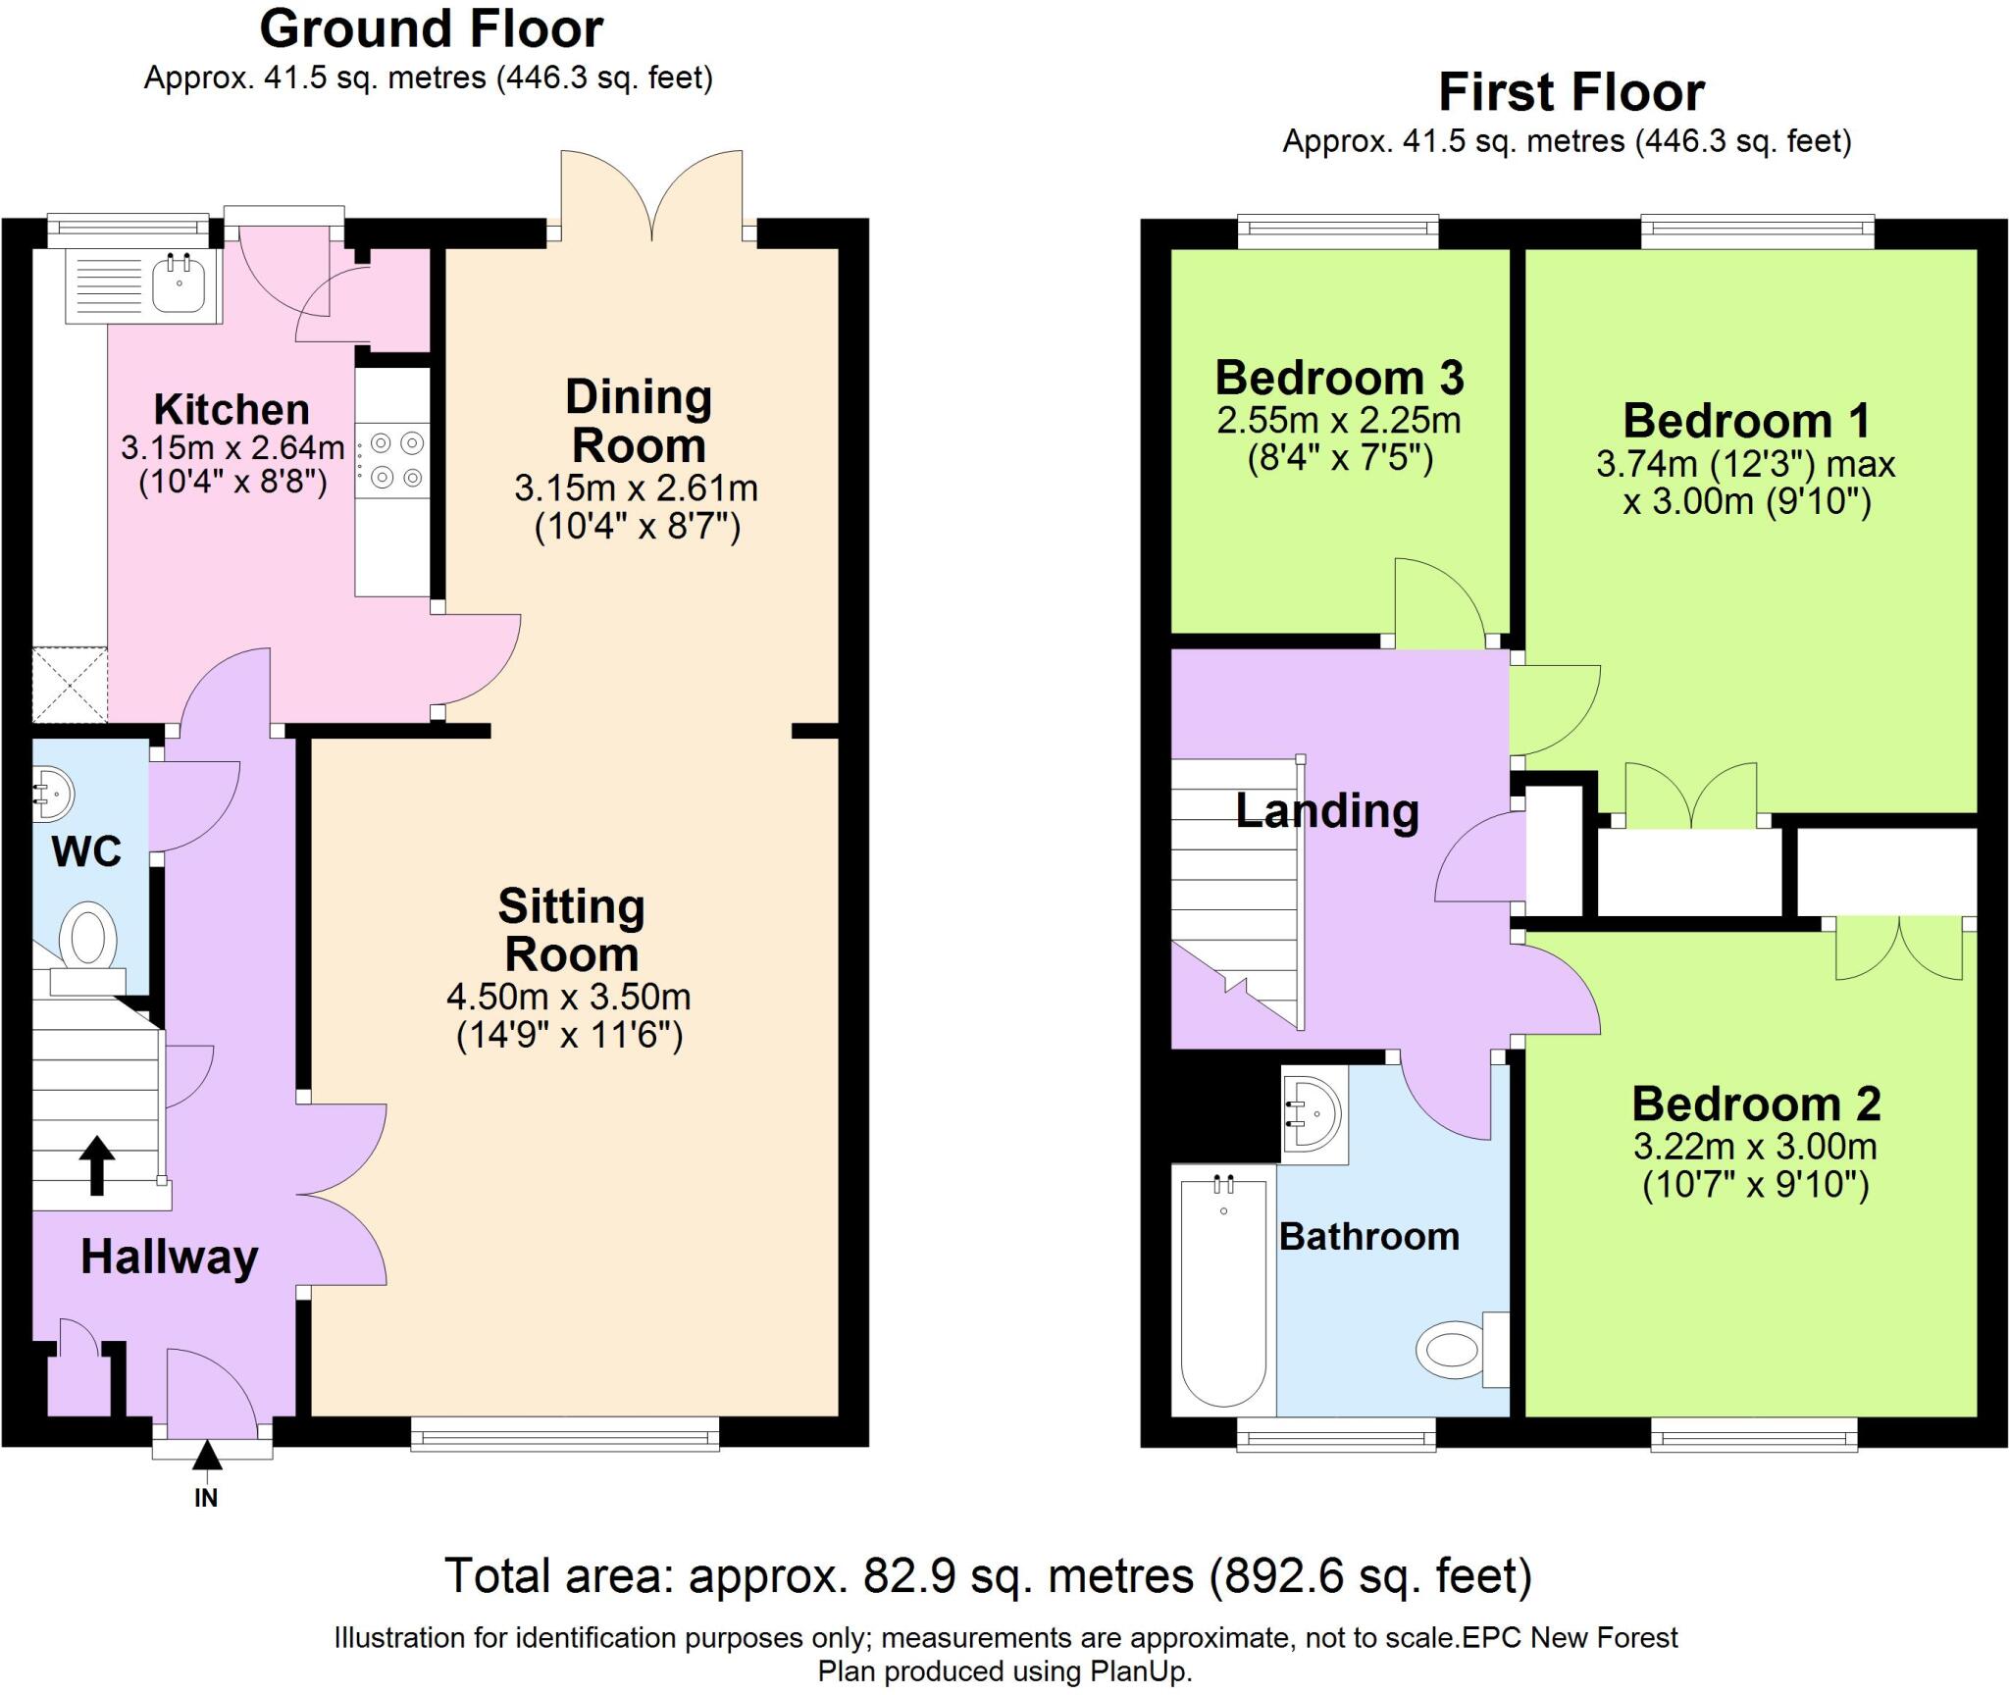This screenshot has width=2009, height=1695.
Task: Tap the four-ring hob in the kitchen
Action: (393, 459)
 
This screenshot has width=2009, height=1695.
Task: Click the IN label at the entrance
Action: (206, 1498)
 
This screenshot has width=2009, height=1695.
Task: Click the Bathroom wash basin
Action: (1314, 1115)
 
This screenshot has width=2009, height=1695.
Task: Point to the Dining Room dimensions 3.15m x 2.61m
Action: (637, 488)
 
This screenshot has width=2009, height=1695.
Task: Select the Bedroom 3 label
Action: (1339, 378)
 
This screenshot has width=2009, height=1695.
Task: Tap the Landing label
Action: (1326, 811)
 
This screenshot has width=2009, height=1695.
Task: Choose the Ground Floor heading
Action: (431, 28)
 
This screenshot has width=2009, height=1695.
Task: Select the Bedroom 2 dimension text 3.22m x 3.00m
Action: (1755, 1146)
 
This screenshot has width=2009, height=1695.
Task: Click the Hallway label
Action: (169, 1257)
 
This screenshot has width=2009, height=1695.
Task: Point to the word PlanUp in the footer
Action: (1138, 1671)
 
